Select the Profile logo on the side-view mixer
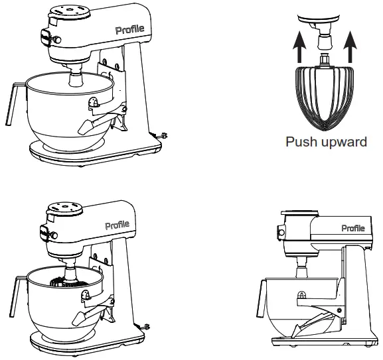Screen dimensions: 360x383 352,228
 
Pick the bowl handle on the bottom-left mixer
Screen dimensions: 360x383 17,292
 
